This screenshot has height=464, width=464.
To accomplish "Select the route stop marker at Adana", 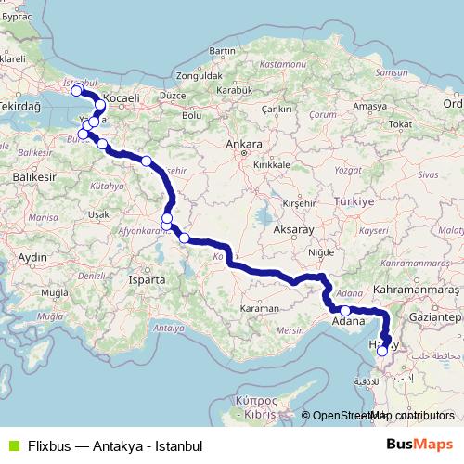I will tap(345, 311).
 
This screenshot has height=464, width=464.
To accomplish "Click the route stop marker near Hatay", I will tap(382, 352).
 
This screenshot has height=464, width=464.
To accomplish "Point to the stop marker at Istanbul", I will tap(76, 92).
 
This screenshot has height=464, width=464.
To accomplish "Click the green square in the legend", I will tap(12, 445).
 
